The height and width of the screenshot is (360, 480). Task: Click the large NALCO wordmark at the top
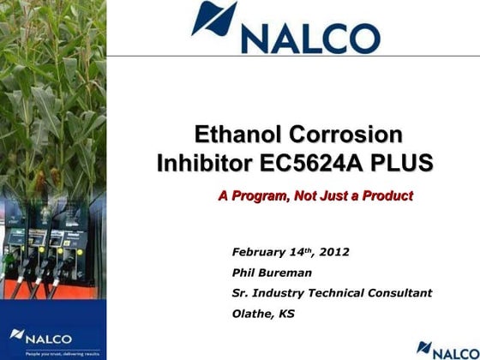click(310, 37)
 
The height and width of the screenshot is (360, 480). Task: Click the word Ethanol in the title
click(234, 135)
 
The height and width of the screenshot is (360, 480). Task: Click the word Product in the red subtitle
click(386, 196)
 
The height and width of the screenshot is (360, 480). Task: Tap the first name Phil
click(245, 273)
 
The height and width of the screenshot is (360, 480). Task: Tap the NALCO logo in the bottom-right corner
click(445, 349)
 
